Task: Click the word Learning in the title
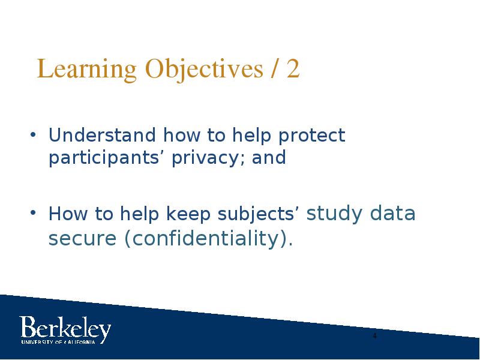pyautogui.click(x=86, y=70)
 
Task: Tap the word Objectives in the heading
pyautogui.click(x=204, y=70)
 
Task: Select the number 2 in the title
pyautogui.click(x=293, y=68)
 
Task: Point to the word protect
pyautogui.click(x=311, y=136)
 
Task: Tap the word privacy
pyautogui.click(x=208, y=158)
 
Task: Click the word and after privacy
pyautogui.click(x=269, y=157)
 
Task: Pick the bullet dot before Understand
pyautogui.click(x=34, y=134)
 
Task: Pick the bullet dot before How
pyautogui.click(x=34, y=212)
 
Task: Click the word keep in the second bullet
pyautogui.click(x=188, y=214)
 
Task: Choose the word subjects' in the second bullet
pyautogui.click(x=256, y=214)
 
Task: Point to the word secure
pyautogui.click(x=82, y=239)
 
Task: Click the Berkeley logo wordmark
pyautogui.click(x=65, y=328)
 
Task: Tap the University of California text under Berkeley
pyautogui.click(x=58, y=342)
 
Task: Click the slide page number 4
pyautogui.click(x=375, y=336)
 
